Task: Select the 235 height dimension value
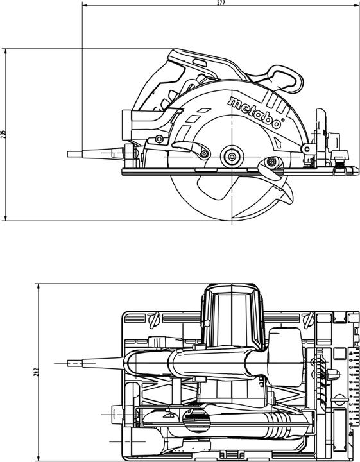(3, 134)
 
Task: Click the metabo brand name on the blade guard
(255, 113)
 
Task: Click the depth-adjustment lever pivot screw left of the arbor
(204, 153)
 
